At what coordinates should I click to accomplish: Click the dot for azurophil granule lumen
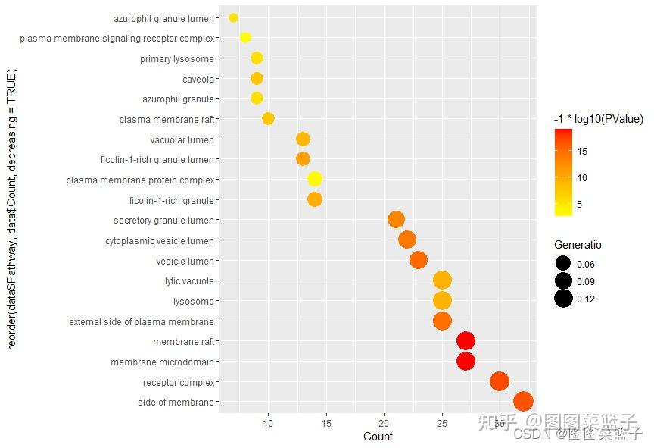click(233, 17)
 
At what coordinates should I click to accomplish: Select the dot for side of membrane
click(523, 402)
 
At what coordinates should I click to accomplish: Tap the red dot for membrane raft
click(466, 341)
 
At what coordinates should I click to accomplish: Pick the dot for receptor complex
click(499, 381)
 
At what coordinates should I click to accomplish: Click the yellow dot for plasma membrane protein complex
click(315, 179)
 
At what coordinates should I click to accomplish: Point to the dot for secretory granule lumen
click(396, 220)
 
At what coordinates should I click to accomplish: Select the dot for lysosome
click(442, 301)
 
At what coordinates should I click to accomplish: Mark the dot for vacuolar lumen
click(303, 139)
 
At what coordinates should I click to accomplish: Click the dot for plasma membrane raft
click(268, 118)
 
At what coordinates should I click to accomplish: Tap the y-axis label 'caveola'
click(198, 79)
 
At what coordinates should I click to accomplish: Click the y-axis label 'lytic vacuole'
click(189, 281)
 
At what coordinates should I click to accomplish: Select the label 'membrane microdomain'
click(162, 362)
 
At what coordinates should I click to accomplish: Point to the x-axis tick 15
click(326, 423)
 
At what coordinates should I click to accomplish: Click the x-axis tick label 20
click(384, 423)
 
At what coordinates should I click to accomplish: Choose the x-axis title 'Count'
click(378, 437)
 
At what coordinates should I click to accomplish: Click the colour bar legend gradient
click(562, 172)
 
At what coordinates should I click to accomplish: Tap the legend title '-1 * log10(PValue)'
click(598, 119)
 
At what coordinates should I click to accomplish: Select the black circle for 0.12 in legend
click(563, 299)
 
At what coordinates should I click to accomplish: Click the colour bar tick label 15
click(582, 151)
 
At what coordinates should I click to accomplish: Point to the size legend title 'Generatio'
click(578, 245)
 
